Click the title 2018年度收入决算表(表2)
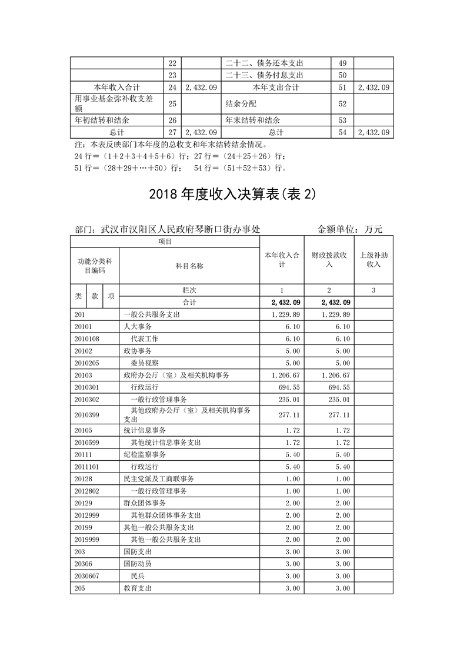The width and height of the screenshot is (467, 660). (x=233, y=195)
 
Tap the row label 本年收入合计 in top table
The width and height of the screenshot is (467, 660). (x=116, y=87)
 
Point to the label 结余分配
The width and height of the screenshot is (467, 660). (x=241, y=103)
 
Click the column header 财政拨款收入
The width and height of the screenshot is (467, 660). (x=329, y=260)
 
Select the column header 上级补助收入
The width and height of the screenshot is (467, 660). (x=373, y=260)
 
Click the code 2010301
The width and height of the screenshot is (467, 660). (x=87, y=387)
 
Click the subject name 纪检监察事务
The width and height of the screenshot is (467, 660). (x=145, y=454)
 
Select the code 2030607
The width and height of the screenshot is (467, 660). (x=87, y=575)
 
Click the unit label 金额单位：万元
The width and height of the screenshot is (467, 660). (x=350, y=229)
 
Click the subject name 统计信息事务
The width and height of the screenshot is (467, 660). (x=145, y=431)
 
